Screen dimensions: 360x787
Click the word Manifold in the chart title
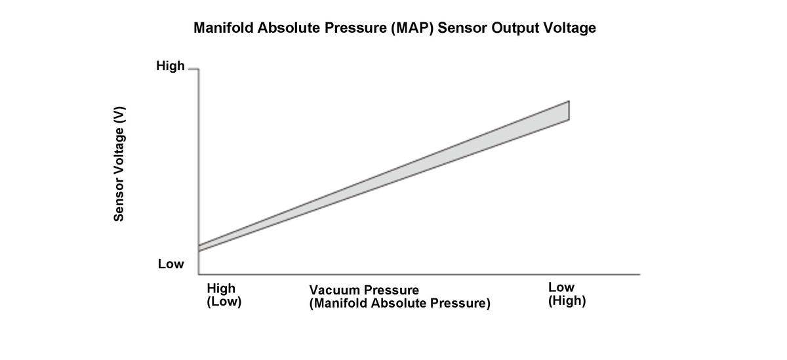(222, 29)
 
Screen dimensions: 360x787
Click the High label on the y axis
(170, 66)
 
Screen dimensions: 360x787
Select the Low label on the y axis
(171, 264)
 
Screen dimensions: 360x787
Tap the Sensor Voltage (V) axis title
(119, 164)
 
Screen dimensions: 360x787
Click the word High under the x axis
(221, 288)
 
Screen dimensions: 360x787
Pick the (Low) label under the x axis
(224, 302)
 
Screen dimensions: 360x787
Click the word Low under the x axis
(561, 287)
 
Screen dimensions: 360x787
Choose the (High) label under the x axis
(567, 302)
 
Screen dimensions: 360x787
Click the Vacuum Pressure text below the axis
(364, 290)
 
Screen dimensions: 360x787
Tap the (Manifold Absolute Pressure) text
(400, 304)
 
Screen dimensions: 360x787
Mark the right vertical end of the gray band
(569, 110)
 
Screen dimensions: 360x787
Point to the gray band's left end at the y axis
(199, 248)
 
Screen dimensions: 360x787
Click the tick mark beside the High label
(192, 68)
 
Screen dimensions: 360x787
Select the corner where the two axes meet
(199, 274)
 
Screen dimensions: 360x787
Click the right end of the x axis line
(638, 274)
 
